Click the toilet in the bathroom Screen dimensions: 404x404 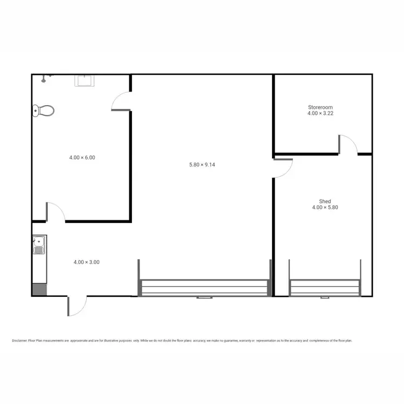point(43,110)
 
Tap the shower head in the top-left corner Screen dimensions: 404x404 point(46,77)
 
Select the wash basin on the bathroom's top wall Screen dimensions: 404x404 point(85,81)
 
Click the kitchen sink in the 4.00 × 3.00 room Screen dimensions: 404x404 point(39,246)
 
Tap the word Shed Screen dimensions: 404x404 point(325,200)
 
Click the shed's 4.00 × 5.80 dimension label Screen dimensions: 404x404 point(325,207)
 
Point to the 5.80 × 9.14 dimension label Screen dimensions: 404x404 point(202,165)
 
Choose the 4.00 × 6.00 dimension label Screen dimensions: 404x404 point(82,157)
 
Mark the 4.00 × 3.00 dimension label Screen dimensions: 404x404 point(86,262)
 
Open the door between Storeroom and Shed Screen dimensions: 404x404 point(348,145)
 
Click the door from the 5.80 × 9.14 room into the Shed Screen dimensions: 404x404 point(282,168)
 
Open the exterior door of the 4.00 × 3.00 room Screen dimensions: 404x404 point(76,305)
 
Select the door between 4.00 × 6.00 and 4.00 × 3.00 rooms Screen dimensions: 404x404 point(56,212)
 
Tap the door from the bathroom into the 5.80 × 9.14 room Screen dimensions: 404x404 point(121,101)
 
